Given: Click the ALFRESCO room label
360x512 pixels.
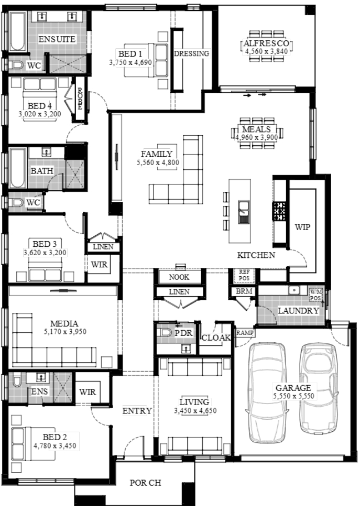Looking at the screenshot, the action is [266, 43].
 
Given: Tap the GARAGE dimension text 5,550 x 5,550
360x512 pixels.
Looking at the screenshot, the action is [293, 396].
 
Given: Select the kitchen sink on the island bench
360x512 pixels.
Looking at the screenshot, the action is [244, 212].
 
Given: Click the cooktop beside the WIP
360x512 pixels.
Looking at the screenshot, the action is [279, 211].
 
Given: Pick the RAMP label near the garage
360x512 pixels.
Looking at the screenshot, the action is [245, 333].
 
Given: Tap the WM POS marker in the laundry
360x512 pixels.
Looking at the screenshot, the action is [315, 295].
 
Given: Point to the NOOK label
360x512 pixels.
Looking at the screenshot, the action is [179, 277].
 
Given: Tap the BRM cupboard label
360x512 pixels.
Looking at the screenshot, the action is [244, 291].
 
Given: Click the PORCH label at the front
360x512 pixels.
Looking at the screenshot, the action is [146, 483].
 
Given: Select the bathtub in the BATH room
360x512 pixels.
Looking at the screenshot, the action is [18, 168].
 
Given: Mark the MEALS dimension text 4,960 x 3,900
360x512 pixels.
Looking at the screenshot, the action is [257, 137].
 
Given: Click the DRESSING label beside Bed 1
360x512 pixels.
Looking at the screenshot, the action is [191, 53].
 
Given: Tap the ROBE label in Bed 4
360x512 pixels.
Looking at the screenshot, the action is [80, 99].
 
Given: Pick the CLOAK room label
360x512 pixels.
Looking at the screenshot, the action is [216, 337].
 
